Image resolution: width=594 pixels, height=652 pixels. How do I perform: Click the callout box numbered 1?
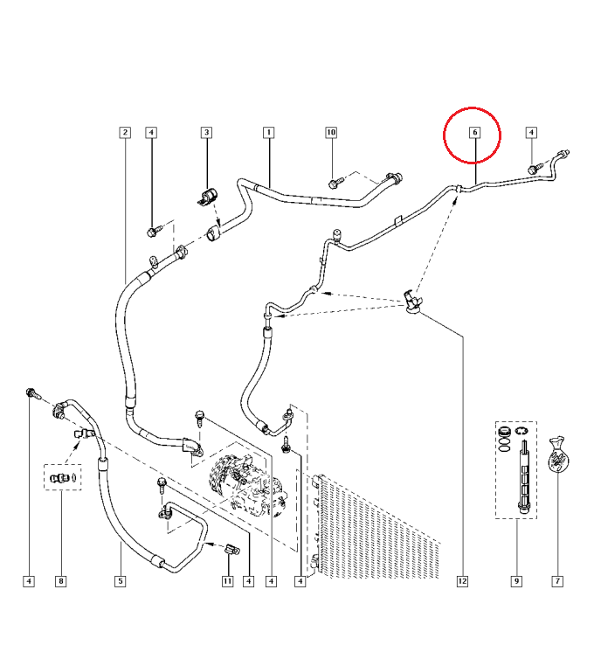pos(269,133)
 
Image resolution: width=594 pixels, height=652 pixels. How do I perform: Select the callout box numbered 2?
pos(125,133)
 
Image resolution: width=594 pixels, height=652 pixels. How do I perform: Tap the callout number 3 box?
pos(207,133)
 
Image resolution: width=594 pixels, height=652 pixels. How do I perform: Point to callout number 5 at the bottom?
pos(120,581)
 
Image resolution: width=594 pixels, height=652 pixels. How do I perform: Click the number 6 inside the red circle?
pos(474,133)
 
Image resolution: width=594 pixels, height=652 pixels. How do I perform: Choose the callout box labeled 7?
pos(556,581)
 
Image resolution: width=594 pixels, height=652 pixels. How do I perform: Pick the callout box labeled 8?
pos(60,581)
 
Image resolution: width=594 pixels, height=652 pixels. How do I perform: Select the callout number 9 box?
pos(516,581)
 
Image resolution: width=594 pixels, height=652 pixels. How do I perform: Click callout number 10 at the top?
pos(331,133)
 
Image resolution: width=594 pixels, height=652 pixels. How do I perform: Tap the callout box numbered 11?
pos(227,581)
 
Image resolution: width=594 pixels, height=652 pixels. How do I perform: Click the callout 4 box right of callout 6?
pos(531,133)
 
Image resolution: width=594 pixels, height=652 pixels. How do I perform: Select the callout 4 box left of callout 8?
pos(29,581)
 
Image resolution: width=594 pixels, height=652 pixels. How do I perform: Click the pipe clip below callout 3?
pos(208,198)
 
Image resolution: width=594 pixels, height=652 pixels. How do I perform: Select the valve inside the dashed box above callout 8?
pos(61,477)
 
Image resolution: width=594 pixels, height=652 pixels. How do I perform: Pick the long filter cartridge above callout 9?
pos(522,476)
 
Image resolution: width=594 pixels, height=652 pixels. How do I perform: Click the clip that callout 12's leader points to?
pos(412,300)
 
